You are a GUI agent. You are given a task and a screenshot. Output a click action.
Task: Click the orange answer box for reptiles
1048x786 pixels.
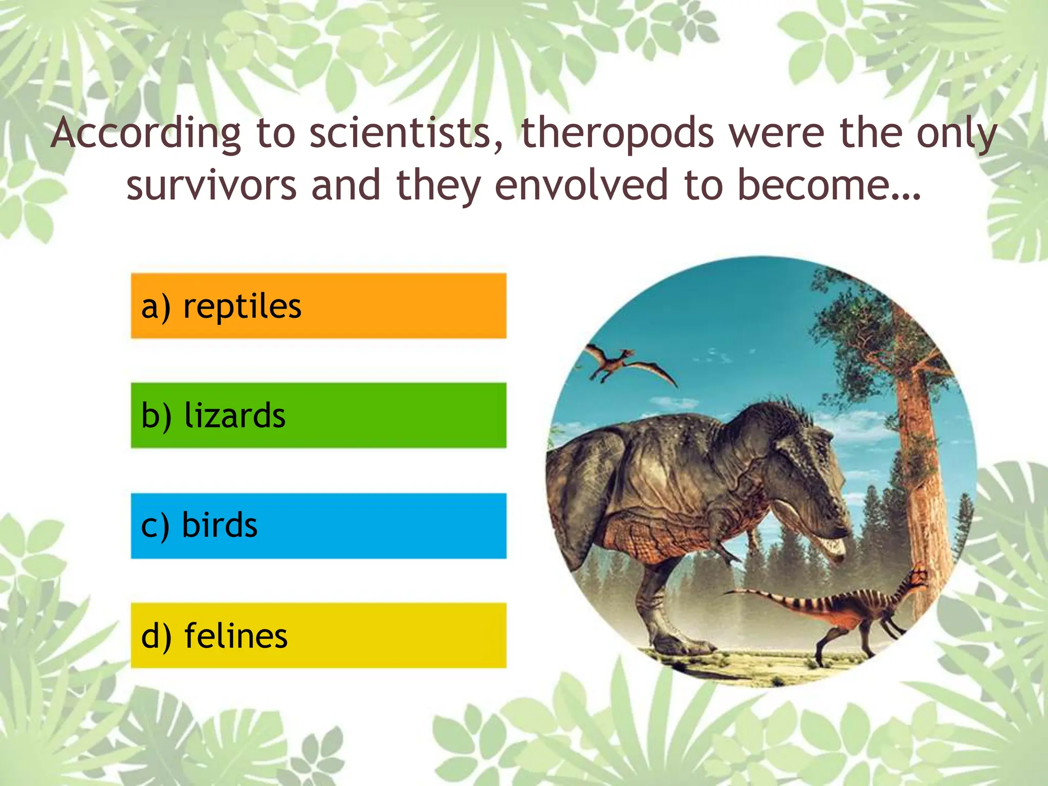click(318, 306)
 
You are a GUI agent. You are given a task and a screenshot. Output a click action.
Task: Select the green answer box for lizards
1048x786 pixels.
click(318, 416)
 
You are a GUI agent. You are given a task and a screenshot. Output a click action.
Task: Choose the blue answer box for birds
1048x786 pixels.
click(318, 526)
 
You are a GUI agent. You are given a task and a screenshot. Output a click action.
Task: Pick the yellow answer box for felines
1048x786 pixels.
click(318, 636)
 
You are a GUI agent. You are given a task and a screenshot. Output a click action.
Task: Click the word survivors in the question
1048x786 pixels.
click(211, 185)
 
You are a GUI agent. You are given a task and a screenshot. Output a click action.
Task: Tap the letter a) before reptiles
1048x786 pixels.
click(155, 307)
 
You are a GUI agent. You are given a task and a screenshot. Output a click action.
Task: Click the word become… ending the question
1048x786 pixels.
click(829, 185)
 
